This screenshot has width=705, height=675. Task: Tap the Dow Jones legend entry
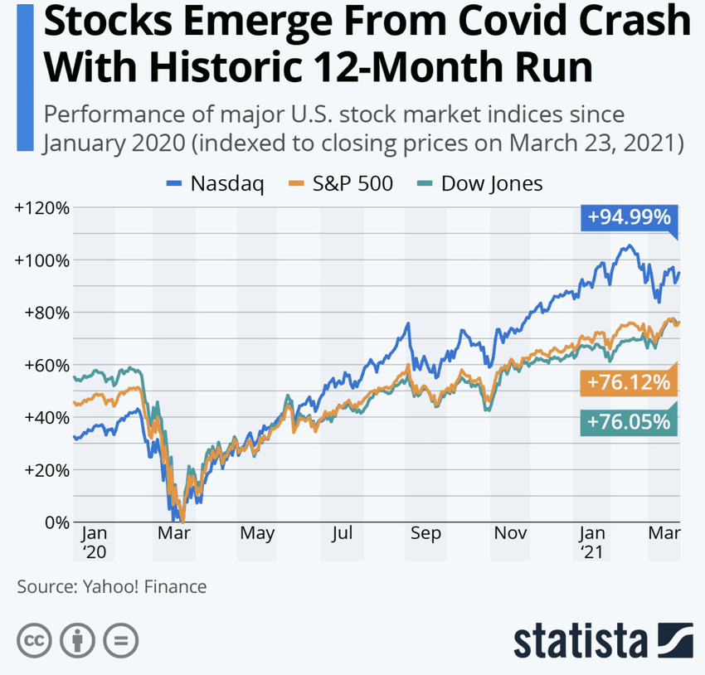click(482, 184)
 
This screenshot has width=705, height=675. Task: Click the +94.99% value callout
click(628, 218)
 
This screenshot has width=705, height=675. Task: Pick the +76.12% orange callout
click(628, 383)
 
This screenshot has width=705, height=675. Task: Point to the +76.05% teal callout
click(628, 421)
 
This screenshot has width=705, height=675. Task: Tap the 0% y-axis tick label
click(55, 522)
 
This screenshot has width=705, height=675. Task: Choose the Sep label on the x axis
click(425, 534)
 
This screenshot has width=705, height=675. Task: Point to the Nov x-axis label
click(511, 534)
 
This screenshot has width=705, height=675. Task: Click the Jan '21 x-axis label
click(592, 541)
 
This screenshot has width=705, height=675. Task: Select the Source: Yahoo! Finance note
click(112, 587)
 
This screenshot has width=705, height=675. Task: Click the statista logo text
click(580, 641)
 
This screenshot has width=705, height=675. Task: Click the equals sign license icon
click(121, 640)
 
